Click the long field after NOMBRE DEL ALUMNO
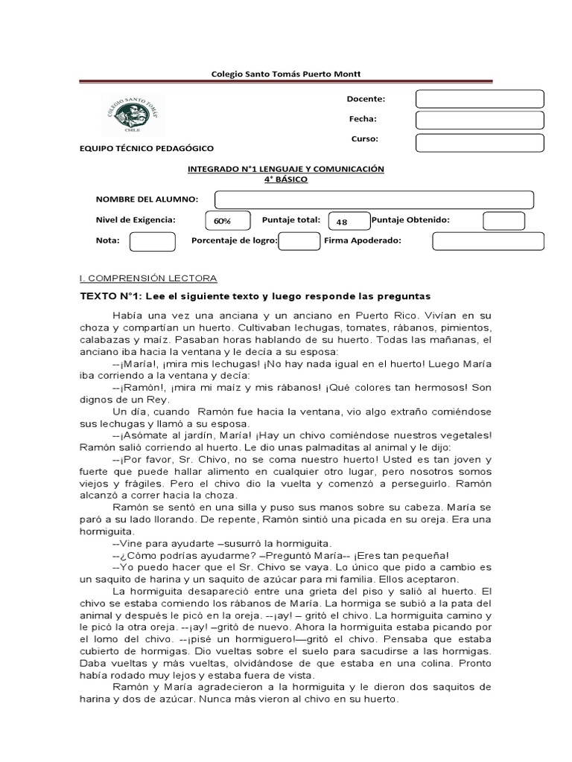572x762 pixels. coord(374,199)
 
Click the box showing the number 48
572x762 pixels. coord(348,222)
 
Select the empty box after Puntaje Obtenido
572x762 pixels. coord(503,221)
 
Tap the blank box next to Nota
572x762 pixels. coord(153,242)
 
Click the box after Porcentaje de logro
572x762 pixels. coord(299,242)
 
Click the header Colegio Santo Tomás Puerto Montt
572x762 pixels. coord(286,74)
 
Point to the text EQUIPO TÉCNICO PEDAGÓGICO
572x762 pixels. coord(146,149)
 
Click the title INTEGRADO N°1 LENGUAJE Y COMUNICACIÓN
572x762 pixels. coord(285,169)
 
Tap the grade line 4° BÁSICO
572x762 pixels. coord(285,179)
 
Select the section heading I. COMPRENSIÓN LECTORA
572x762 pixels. coord(147,278)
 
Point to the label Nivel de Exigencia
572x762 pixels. coord(136,220)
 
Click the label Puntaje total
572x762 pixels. coord(290,220)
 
